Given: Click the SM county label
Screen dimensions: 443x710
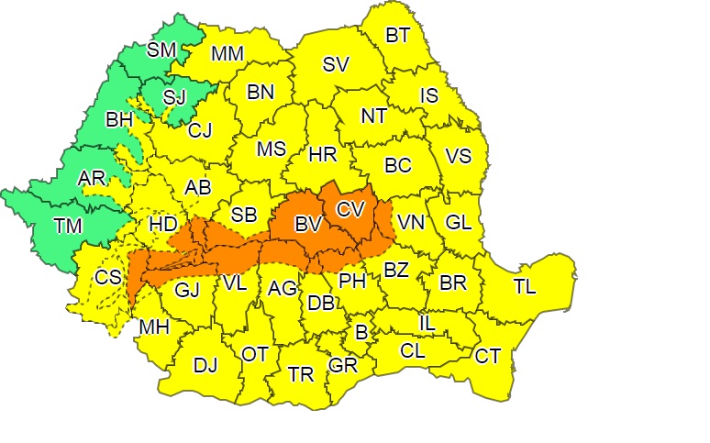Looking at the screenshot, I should click(161, 49).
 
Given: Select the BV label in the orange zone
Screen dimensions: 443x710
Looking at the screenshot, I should click(306, 223).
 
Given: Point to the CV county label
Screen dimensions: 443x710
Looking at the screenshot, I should click(350, 209).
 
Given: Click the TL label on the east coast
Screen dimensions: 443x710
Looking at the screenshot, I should click(525, 287).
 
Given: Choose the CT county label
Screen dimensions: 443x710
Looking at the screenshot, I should click(487, 356).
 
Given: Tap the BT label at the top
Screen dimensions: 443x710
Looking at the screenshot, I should click(397, 36).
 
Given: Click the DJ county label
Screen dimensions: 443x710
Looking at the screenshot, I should click(205, 365).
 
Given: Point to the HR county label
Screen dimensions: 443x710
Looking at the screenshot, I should click(323, 156).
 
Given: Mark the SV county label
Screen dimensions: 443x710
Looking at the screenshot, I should click(336, 65).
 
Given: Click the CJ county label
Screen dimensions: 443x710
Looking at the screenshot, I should click(200, 130).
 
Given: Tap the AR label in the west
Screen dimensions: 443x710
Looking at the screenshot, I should click(92, 177).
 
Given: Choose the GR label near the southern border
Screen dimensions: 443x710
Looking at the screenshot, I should click(342, 365).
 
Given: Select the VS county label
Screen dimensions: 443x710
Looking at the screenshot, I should click(458, 156).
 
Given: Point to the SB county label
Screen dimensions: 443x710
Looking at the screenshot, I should click(243, 215).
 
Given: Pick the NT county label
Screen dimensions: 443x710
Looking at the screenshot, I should click(373, 116).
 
